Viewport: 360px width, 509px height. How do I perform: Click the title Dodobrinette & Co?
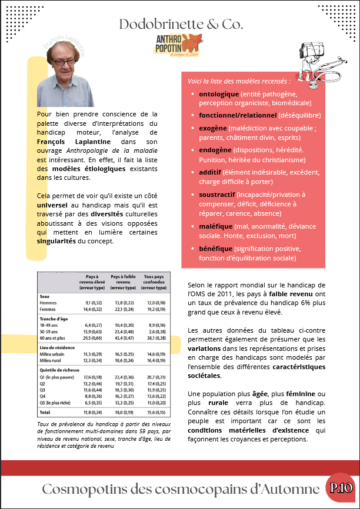click(x=181, y=24)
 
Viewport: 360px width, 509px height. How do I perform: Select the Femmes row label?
click(x=48, y=309)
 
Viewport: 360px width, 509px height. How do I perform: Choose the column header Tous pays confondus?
click(x=154, y=282)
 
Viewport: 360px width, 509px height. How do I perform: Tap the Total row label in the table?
click(x=45, y=413)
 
